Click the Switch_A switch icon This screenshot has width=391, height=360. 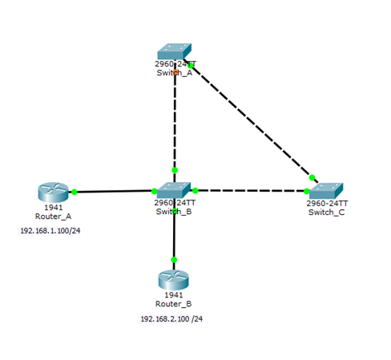tap(175, 51)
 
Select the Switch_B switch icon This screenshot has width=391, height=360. tap(174, 190)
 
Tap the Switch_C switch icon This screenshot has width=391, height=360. tap(326, 191)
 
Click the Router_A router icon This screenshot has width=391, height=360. tap(53, 192)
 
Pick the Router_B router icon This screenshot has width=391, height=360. tap(174, 280)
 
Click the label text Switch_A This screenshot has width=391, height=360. tap(175, 73)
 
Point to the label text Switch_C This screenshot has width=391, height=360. tap(326, 212)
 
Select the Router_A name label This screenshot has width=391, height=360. tap(53, 216)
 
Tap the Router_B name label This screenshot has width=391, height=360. tap(174, 304)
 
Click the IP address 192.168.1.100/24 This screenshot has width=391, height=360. tap(50, 231)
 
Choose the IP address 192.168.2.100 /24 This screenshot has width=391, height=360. tap(171, 319)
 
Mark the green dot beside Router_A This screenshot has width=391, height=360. tap(75, 192)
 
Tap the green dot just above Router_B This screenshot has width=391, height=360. tap(174, 260)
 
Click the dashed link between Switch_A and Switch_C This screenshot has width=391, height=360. tap(251, 121)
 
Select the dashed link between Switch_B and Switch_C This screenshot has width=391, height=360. tap(251, 191)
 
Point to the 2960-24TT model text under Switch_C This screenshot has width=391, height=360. tap(327, 204)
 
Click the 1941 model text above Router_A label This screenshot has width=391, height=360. tap(53, 208)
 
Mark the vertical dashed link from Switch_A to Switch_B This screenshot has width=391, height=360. tap(175, 121)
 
